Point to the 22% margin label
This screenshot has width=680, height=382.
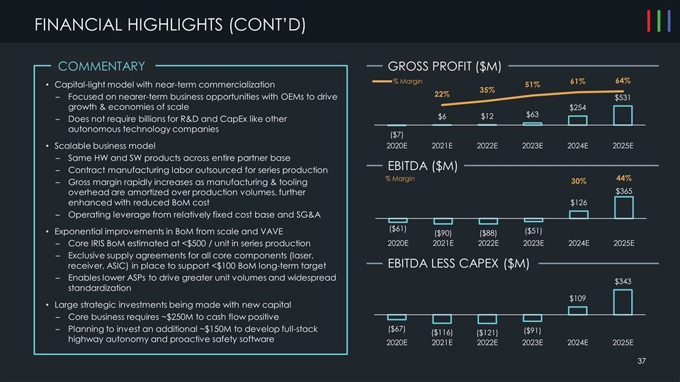tap(442, 95)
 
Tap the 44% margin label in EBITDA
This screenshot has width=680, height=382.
tap(624, 178)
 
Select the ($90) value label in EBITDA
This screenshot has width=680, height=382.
tap(442, 233)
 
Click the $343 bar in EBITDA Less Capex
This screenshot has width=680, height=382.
tap(623, 303)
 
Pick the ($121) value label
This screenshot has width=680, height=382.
tap(487, 332)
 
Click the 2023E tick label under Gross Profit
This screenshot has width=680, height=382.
tap(533, 146)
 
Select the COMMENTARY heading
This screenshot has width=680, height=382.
tap(101, 66)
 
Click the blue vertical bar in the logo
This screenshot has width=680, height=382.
tap(669, 22)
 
